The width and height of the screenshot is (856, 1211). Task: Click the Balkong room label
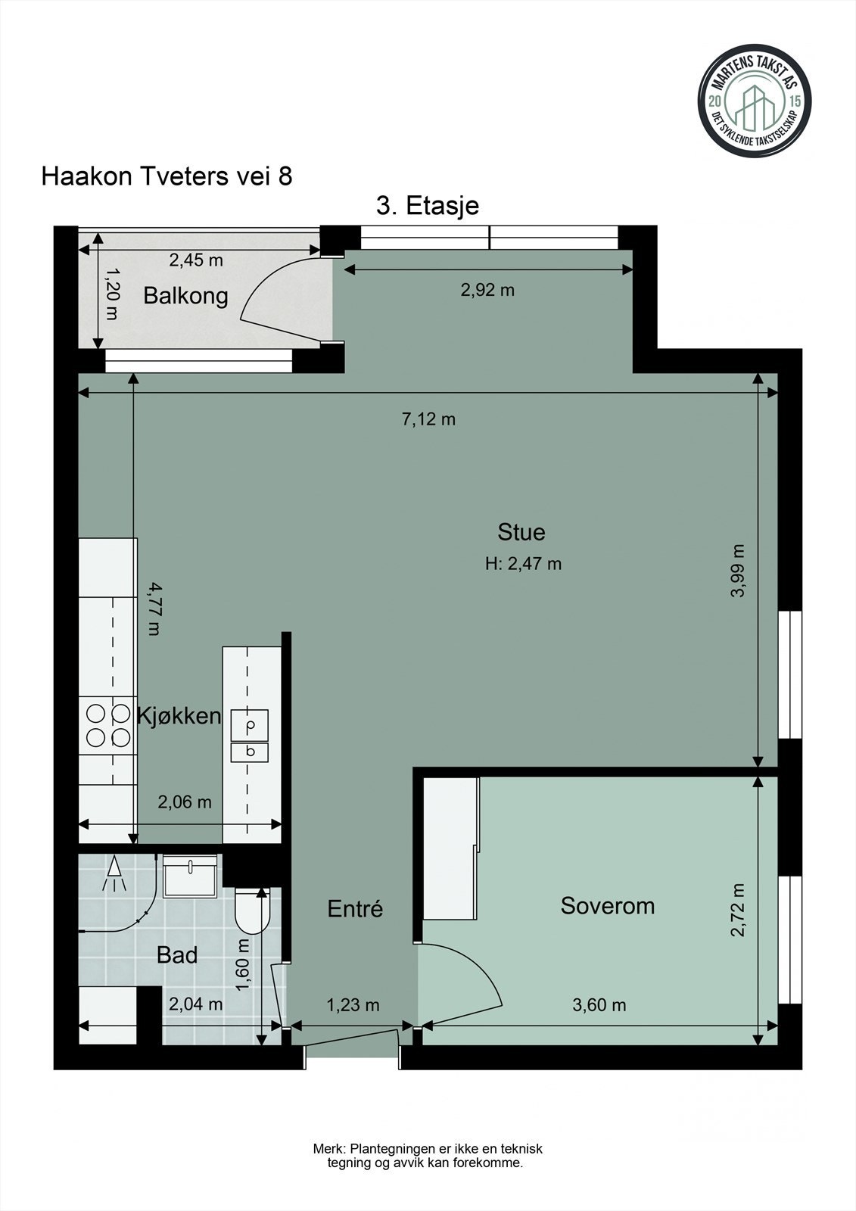[x=185, y=297]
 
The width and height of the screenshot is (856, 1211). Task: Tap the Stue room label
[x=521, y=532]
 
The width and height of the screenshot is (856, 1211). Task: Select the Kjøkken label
[x=179, y=716]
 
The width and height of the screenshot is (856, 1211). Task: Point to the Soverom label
[x=607, y=905]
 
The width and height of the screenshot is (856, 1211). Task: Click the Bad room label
[x=177, y=956]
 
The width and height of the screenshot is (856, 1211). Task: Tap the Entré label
[x=355, y=909]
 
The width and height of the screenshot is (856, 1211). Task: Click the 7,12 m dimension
[x=428, y=419]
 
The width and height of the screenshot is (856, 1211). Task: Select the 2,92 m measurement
[x=487, y=291]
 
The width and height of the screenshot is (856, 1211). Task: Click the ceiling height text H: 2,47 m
[x=524, y=564]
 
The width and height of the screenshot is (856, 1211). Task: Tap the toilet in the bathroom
[x=253, y=911]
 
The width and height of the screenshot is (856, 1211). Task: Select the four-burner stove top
[x=107, y=726]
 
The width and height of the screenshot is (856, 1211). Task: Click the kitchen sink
[x=249, y=736]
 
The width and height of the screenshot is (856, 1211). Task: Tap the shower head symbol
[x=114, y=873]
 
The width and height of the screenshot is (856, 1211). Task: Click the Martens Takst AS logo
[x=755, y=101]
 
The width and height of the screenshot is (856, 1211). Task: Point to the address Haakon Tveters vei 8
[x=167, y=176]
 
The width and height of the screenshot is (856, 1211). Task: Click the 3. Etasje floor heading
[x=427, y=206]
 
